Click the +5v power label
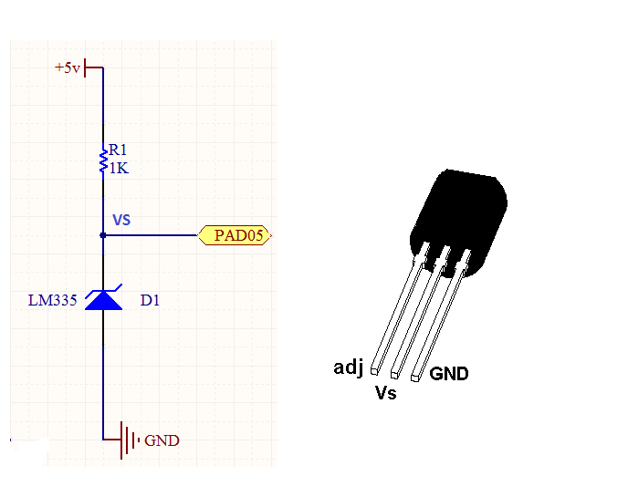pyautogui.click(x=68, y=67)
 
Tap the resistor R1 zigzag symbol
pyautogui.click(x=103, y=160)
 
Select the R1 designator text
pyautogui.click(x=119, y=150)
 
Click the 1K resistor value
pyautogui.click(x=119, y=168)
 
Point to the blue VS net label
pyautogui.click(x=121, y=220)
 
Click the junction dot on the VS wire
pyautogui.click(x=103, y=235)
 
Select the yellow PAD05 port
pyautogui.click(x=235, y=235)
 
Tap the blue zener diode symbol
pyautogui.click(x=103, y=299)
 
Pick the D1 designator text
pyautogui.click(x=150, y=299)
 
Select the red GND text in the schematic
pyautogui.click(x=162, y=440)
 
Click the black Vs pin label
pyautogui.click(x=385, y=394)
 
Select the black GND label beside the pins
pyautogui.click(x=449, y=373)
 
